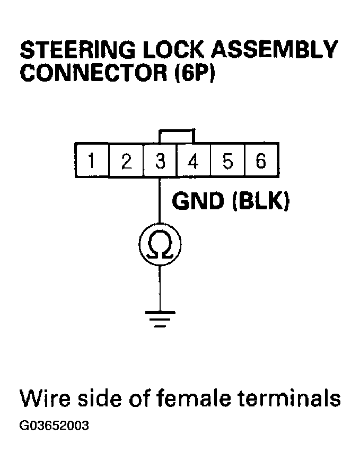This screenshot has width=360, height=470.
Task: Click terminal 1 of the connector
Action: [92, 161]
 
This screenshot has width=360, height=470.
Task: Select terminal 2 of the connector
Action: [126, 161]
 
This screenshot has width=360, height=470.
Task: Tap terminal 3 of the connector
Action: [160, 161]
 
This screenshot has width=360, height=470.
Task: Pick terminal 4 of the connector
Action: [194, 161]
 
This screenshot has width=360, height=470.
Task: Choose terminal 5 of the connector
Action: [227, 161]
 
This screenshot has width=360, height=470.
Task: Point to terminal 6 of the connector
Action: [260, 161]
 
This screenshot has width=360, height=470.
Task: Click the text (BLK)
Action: [260, 202]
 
